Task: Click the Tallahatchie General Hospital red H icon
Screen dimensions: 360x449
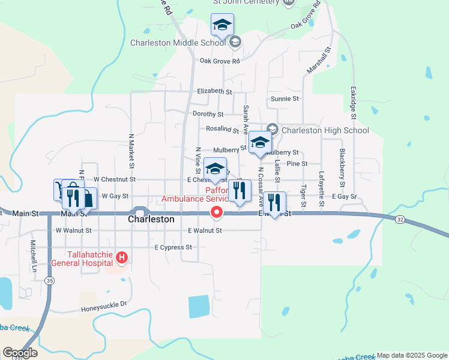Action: click(x=122, y=258)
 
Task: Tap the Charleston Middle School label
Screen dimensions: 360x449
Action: click(x=178, y=43)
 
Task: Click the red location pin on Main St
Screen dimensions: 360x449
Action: click(x=216, y=212)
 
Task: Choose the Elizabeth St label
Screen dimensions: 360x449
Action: click(x=214, y=92)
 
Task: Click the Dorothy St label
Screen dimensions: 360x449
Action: click(x=208, y=114)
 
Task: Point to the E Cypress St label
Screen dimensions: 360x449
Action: click(x=173, y=247)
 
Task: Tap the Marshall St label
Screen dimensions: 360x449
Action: click(x=319, y=61)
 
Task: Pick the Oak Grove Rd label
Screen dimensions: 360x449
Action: click(x=220, y=61)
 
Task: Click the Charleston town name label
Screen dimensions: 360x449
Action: click(x=151, y=220)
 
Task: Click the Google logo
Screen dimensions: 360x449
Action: click(x=20, y=353)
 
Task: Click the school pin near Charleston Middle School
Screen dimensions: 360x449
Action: click(x=222, y=25)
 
